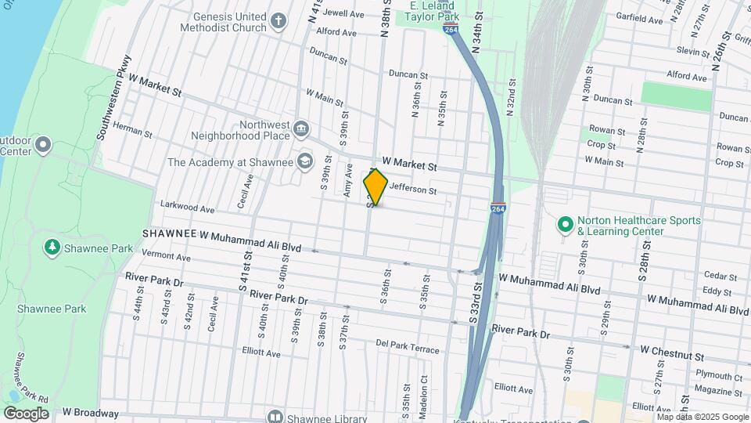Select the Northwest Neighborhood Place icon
pyautogui.click(x=301, y=128)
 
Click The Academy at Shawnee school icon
pyautogui.click(x=305, y=162)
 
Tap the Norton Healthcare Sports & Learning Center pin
pyautogui.click(x=564, y=225)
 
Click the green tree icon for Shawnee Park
pyautogui.click(x=52, y=248)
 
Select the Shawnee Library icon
pyautogui.click(x=275, y=416)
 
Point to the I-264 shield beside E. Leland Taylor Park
pyautogui.click(x=451, y=27)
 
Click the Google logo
pyautogui.click(x=26, y=413)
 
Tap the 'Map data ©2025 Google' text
pyautogui.click(x=702, y=417)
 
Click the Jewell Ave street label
pyautogui.click(x=343, y=13)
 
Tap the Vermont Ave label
pyautogui.click(x=165, y=256)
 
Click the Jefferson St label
pyautogui.click(x=412, y=189)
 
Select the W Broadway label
pyautogui.click(x=91, y=412)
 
